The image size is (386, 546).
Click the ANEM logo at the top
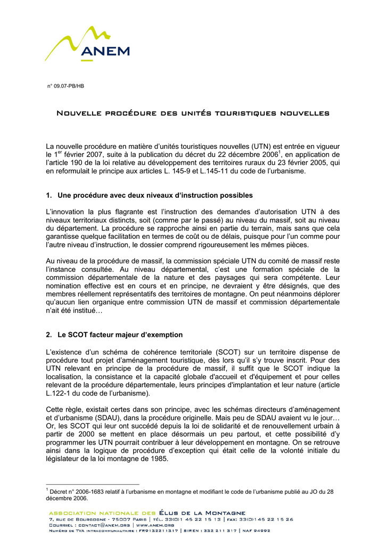coord(87,45)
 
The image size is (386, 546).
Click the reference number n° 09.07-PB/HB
coord(66,86)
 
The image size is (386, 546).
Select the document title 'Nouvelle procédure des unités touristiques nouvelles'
coord(193,114)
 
